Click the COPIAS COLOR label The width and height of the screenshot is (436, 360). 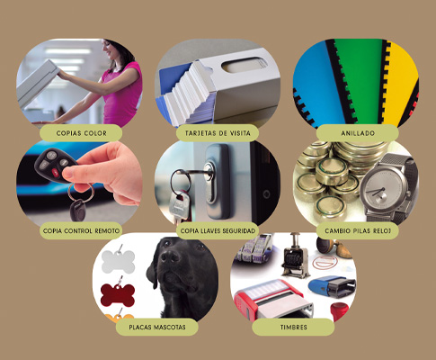coord(81,133)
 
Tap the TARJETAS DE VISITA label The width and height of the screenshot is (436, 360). coord(218,133)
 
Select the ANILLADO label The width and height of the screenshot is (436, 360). coord(358,133)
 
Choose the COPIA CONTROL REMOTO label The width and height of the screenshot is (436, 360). coord(81,230)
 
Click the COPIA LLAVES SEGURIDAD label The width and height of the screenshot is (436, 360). coord(218,230)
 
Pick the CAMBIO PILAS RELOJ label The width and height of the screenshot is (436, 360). coord(358,230)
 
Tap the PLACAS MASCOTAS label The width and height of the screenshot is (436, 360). coord(157,327)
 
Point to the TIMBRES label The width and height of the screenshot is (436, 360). coord(293,327)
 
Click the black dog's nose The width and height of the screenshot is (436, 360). coord(169,256)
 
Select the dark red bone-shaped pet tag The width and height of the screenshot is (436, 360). coord(118,295)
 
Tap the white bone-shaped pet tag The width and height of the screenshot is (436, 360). coord(118,262)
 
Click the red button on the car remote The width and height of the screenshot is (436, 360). coord(56,172)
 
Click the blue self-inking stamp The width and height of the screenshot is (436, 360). coord(332,286)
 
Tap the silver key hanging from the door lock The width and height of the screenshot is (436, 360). coord(179,206)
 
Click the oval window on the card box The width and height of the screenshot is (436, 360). coord(244,65)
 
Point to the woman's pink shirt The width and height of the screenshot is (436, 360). coord(122,94)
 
